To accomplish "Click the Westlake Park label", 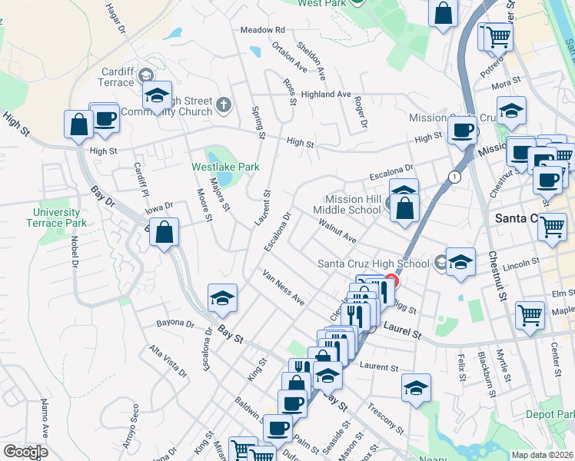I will tap(225, 167).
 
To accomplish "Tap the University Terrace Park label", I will tap(56, 217).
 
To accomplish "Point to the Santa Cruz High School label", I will tap(374, 264).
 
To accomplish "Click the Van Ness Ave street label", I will tap(283, 287).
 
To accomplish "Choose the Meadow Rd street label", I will tap(262, 30).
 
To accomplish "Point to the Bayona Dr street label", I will tap(175, 323).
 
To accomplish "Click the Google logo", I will tap(25, 452).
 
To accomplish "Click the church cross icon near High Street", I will tap(224, 104).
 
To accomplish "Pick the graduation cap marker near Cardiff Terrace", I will tap(157, 95).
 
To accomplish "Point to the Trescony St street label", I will tap(385, 416).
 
